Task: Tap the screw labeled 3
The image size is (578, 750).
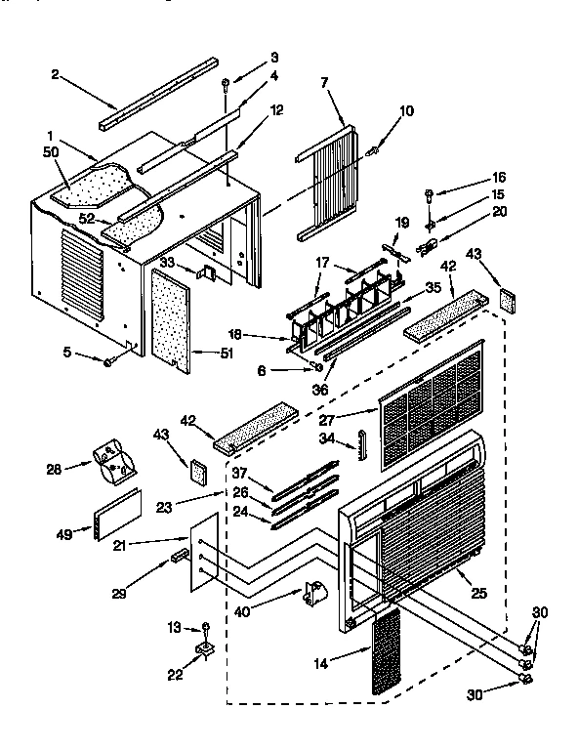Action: pos(226,84)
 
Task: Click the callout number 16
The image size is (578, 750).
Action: pos(471,178)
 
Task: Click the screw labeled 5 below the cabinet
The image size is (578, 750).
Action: pos(109,363)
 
